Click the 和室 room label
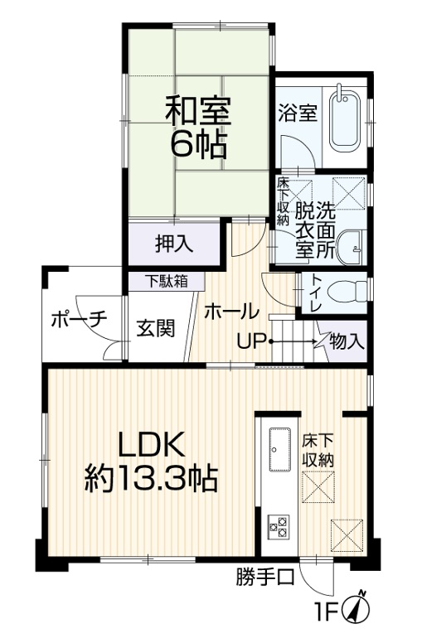(198, 110)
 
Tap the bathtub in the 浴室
(345, 119)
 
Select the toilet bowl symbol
(348, 291)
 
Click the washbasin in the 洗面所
(350, 248)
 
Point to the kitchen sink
(280, 449)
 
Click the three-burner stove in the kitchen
(279, 527)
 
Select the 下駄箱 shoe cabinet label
(167, 281)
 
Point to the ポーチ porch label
(80, 320)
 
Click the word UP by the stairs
(252, 341)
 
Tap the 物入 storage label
(347, 341)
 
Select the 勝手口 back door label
(265, 576)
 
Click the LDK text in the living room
(152, 445)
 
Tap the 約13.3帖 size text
(151, 479)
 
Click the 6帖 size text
(198, 144)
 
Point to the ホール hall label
(232, 312)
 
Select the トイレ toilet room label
(315, 293)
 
